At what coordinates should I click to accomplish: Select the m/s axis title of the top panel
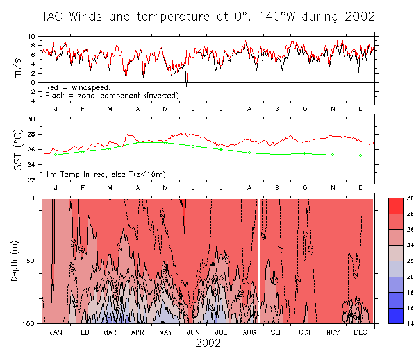(19, 68)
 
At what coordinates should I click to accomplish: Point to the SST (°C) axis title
(19, 150)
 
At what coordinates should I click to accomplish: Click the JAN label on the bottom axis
(56, 333)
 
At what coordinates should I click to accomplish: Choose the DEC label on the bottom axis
(360, 333)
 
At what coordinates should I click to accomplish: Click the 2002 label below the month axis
(208, 343)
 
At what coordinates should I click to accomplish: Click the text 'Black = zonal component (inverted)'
(111, 96)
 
